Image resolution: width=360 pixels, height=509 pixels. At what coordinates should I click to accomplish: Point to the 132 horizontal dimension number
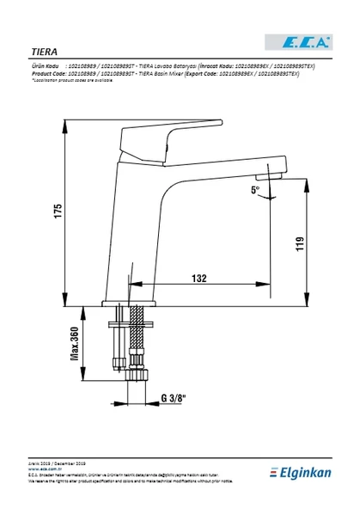point(198,279)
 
